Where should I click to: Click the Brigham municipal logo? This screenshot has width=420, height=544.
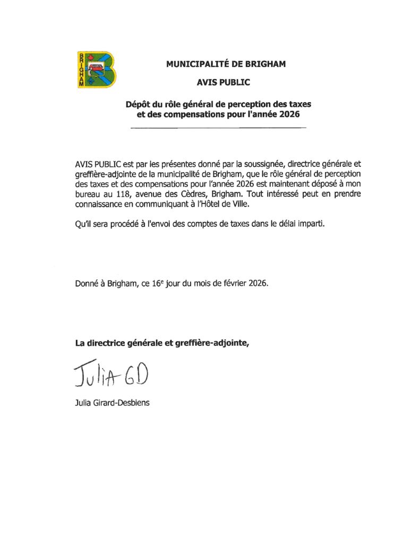[96, 69]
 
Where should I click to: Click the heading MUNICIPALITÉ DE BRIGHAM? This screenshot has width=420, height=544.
[226, 64]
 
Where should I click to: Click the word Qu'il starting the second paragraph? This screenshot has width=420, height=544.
[83, 224]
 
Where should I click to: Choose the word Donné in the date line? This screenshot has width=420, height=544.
[87, 284]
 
